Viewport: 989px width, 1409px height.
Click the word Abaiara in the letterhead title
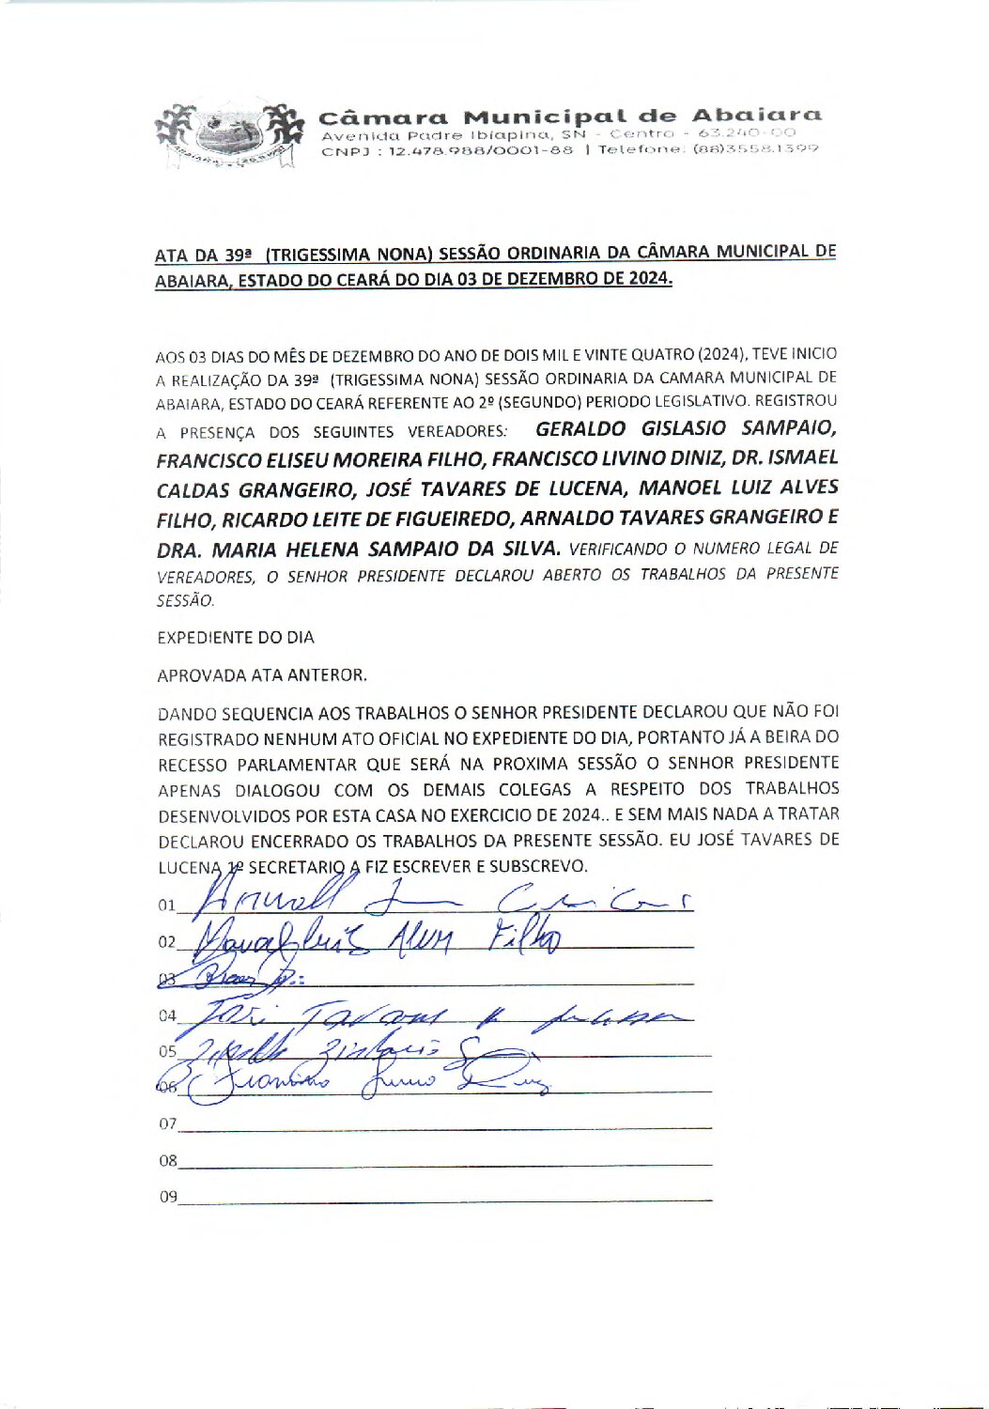click(x=756, y=116)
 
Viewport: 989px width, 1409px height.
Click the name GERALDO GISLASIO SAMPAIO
click(x=686, y=428)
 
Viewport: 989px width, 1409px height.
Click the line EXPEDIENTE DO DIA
click(x=236, y=637)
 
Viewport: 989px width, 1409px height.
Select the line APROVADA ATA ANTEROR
click(x=262, y=674)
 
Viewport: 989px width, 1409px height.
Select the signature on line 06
click(x=366, y=1085)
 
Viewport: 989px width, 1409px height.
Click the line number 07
click(x=167, y=1123)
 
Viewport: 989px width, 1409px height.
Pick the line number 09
click(x=167, y=1197)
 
